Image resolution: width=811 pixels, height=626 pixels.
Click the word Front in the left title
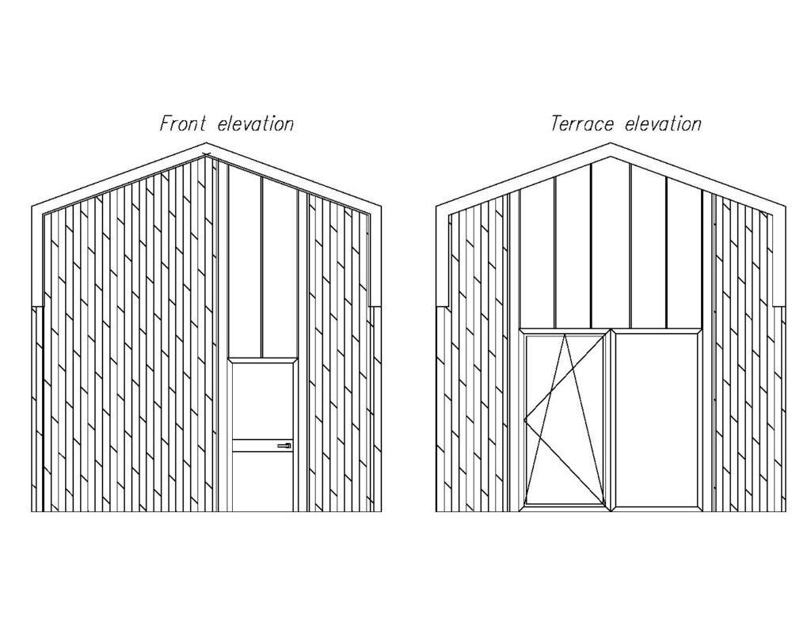pyautogui.click(x=183, y=123)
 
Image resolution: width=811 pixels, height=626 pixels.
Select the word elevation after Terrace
pyautogui.click(x=663, y=123)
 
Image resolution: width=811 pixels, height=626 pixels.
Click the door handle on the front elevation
pyautogui.click(x=284, y=447)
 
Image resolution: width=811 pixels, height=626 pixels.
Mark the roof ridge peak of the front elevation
pyautogui.click(x=207, y=146)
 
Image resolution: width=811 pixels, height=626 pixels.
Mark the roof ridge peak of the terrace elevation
pyautogui.click(x=611, y=146)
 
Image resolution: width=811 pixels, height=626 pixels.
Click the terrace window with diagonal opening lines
pyautogui.click(x=564, y=419)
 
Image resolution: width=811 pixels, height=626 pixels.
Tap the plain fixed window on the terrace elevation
pyautogui.click(x=656, y=419)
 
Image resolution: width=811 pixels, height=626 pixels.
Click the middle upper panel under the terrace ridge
pyautogui.click(x=611, y=245)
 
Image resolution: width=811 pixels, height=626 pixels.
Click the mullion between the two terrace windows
pyautogui.click(x=610, y=419)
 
